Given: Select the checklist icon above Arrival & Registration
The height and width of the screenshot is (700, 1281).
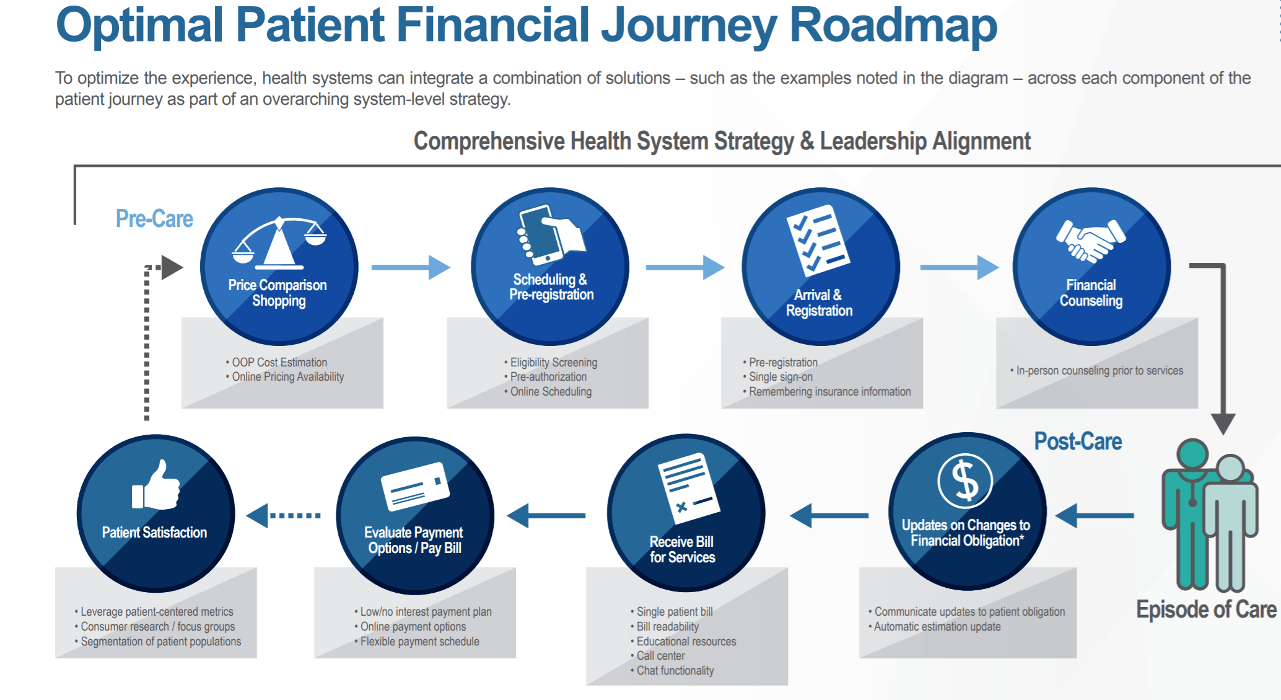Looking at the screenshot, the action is pyautogui.click(x=818, y=240).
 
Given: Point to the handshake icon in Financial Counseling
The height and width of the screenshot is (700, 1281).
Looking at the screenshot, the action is pyautogui.click(x=1091, y=241).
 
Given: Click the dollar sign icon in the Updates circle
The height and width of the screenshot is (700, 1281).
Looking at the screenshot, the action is pyautogui.click(x=965, y=481).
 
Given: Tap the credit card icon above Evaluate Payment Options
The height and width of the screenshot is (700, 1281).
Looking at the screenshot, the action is pyautogui.click(x=415, y=486).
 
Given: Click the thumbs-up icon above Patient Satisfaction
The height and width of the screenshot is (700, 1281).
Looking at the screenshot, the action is pyautogui.click(x=155, y=485).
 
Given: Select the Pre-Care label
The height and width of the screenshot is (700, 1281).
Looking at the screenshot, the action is pyautogui.click(x=154, y=219).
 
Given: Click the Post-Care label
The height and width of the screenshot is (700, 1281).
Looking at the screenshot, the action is pyautogui.click(x=1078, y=441).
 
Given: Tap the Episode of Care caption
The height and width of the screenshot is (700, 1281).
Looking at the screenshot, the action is pyautogui.click(x=1206, y=609).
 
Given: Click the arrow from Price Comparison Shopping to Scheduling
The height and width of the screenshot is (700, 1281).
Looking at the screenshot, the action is pyautogui.click(x=411, y=267).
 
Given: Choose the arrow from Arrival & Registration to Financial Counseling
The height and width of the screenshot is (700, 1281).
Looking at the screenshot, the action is pyautogui.click(x=960, y=267).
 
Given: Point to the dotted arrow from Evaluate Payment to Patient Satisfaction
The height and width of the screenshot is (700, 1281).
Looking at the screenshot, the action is pyautogui.click(x=284, y=515).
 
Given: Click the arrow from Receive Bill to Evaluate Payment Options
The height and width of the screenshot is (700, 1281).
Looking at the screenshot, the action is pyautogui.click(x=546, y=515).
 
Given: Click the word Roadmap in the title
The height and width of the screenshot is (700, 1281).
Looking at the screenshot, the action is pyautogui.click(x=893, y=25).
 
